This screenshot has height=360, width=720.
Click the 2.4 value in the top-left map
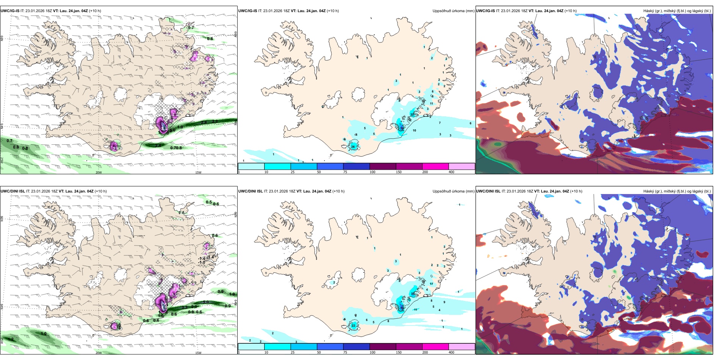pyautogui.click(x=158, y=146)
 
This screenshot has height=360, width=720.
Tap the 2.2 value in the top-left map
pyautogui.click(x=215, y=121)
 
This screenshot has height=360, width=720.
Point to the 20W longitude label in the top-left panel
pyautogui.click(x=99, y=172)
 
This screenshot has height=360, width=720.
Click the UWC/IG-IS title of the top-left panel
pyautogui.click(x=10, y=11)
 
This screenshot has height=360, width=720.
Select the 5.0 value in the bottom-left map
pyautogui.click(x=206, y=302)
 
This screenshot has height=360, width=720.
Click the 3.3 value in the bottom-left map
pyautogui.click(x=185, y=307)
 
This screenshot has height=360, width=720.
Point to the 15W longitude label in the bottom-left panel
pyautogui.click(x=198, y=353)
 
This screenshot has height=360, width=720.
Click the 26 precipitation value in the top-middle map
pyautogui.click(x=353, y=147)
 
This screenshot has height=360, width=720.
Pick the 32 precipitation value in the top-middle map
pyautogui.click(x=412, y=114)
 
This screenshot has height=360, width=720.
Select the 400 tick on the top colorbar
pyautogui.click(x=451, y=172)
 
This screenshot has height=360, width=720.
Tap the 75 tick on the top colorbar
pyautogui.click(x=345, y=172)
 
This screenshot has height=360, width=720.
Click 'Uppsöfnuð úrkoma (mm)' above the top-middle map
pyautogui.click(x=453, y=11)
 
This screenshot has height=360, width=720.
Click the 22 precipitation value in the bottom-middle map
pyautogui.click(x=353, y=326)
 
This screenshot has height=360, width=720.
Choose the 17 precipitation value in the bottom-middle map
pyautogui.click(x=431, y=284)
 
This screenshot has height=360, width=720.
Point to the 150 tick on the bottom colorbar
pyautogui.click(x=399, y=352)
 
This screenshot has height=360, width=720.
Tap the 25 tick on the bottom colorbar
pyautogui.click(x=293, y=352)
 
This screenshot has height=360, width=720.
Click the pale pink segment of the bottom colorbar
pyautogui.click(x=462, y=347)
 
